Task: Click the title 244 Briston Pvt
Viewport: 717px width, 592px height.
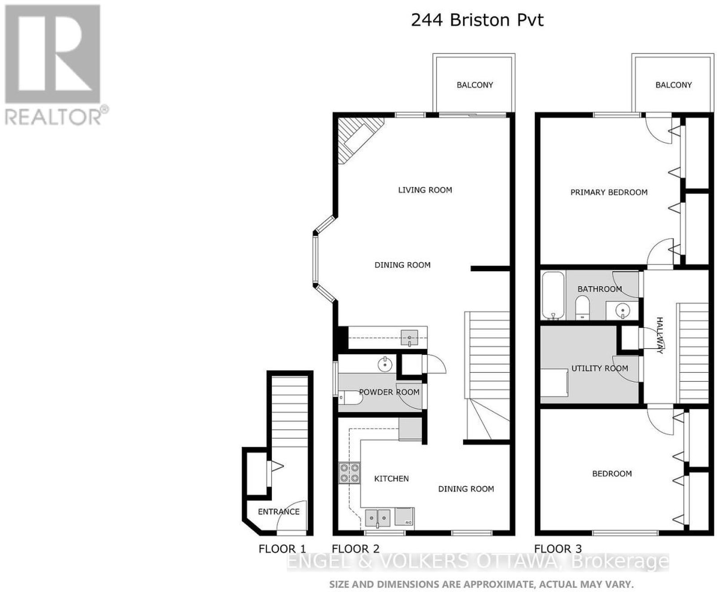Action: [477, 20]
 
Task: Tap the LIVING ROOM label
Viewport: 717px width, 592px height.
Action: [425, 190]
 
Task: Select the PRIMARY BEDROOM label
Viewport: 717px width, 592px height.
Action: [609, 192]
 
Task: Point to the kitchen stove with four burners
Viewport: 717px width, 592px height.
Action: [349, 473]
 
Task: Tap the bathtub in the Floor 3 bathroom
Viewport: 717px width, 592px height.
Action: [553, 296]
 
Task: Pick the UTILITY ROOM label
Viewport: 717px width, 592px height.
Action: [600, 368]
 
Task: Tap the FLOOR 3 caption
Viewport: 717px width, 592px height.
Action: [558, 549]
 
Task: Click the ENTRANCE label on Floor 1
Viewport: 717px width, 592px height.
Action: [278, 512]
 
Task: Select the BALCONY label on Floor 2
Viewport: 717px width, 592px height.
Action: [475, 85]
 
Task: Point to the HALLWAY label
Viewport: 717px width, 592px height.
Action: [659, 335]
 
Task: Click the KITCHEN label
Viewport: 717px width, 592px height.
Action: [391, 479]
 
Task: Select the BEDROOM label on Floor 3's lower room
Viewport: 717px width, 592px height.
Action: [612, 474]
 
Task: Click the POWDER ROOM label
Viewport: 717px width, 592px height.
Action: [389, 392]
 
